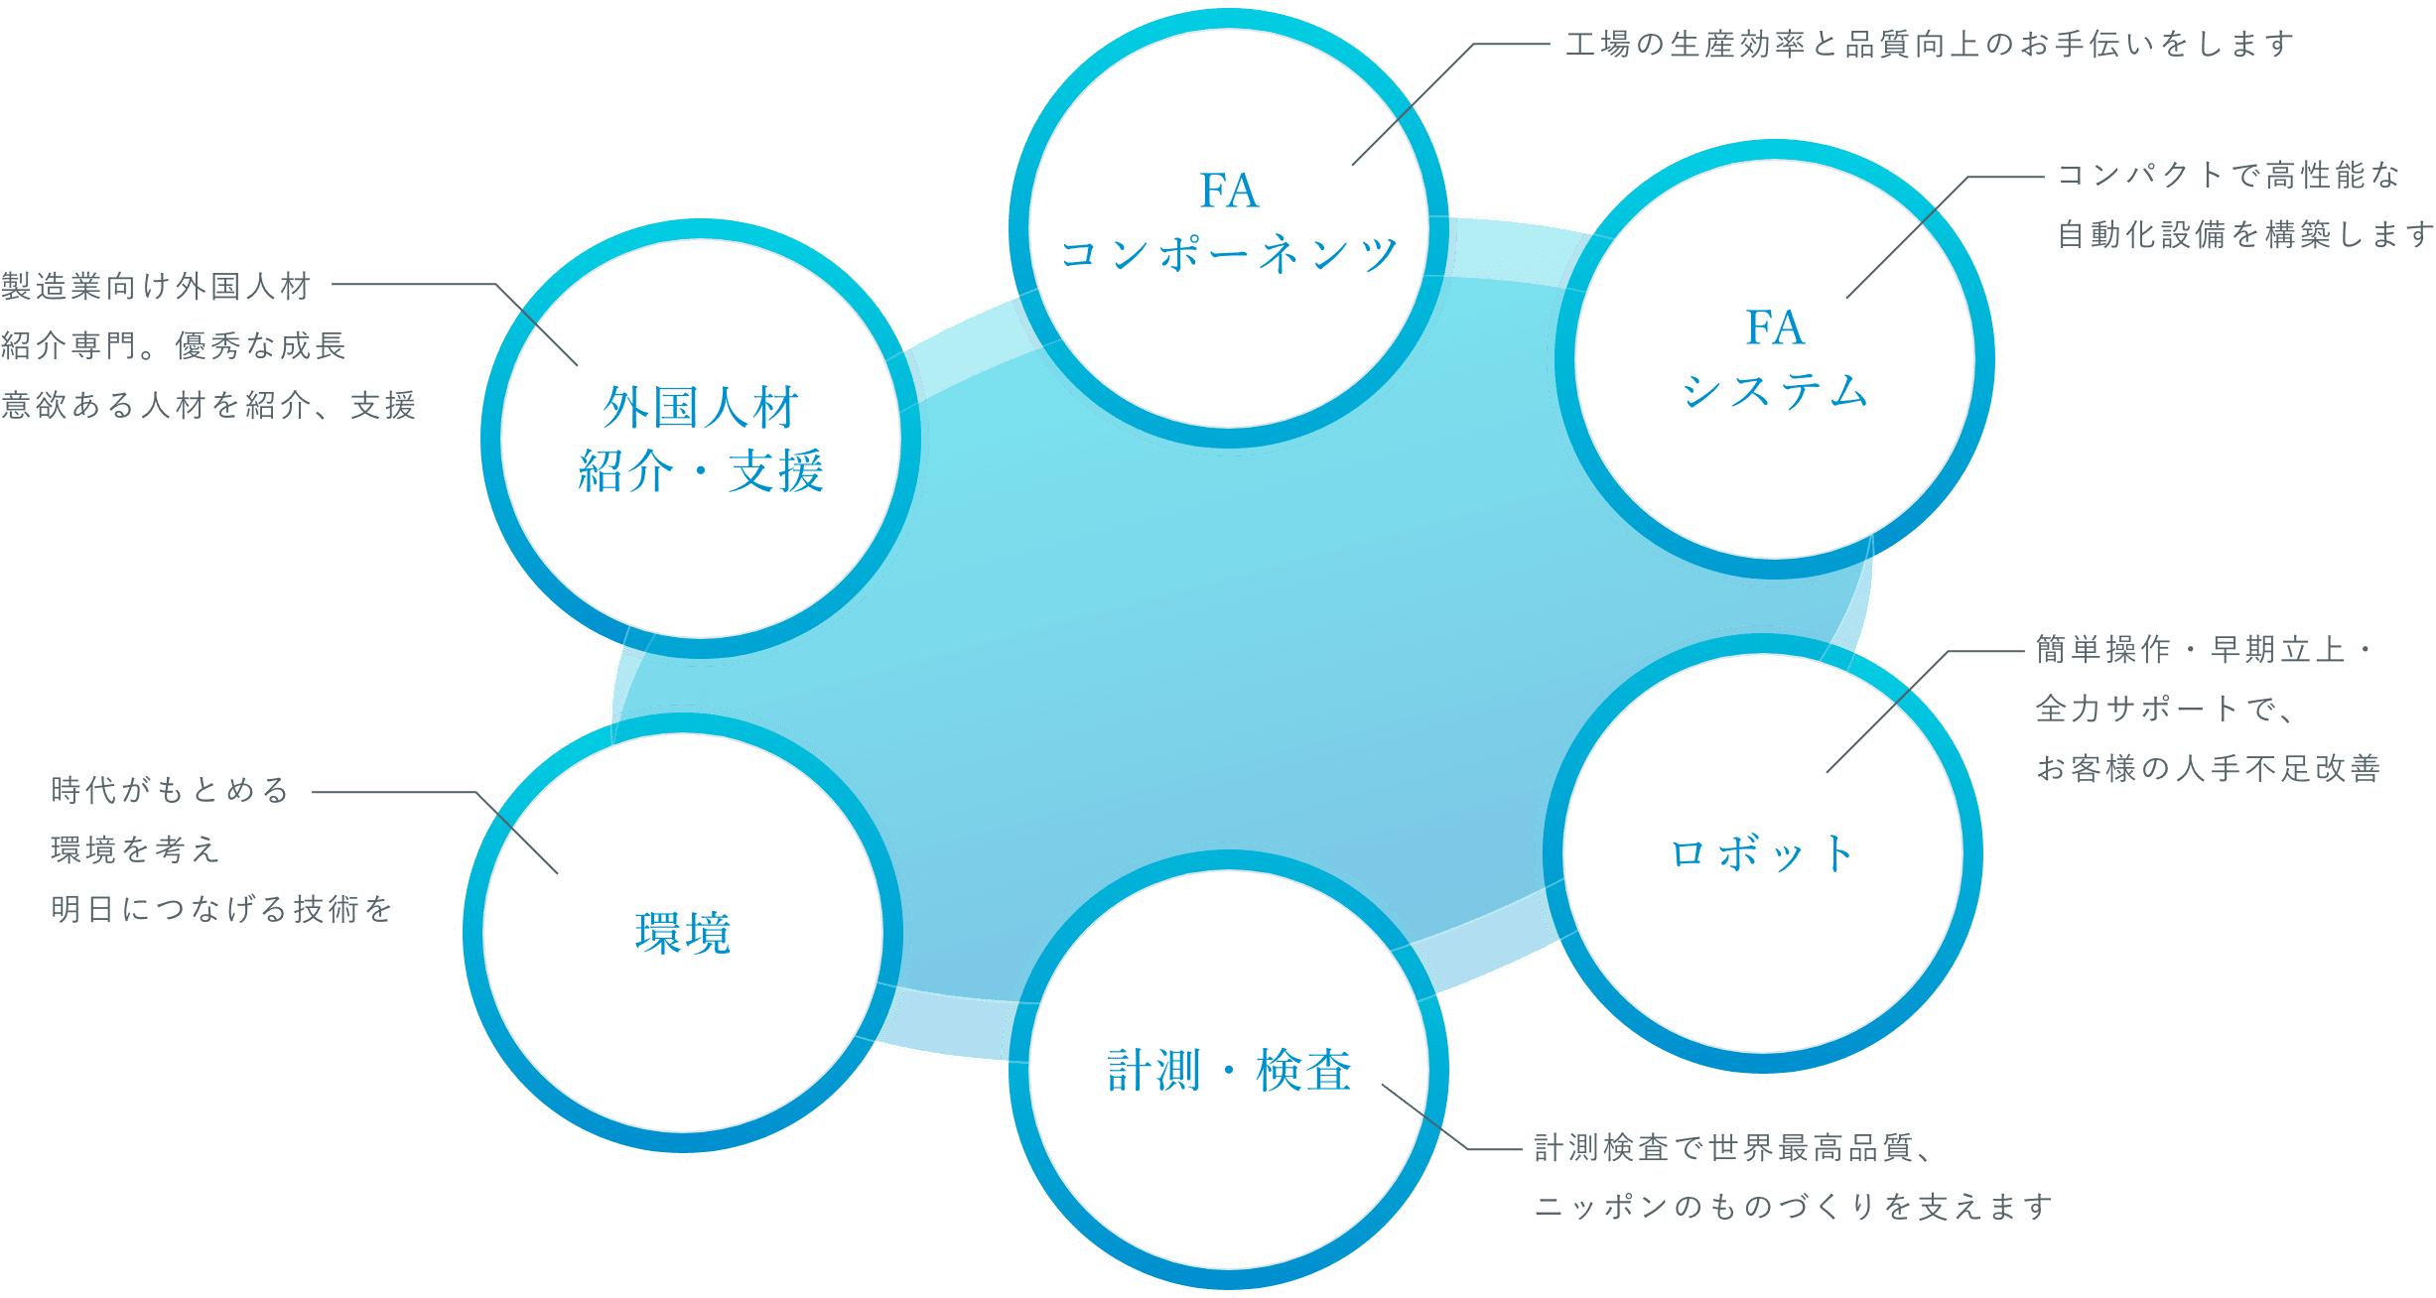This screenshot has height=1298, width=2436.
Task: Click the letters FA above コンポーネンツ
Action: click(x=1229, y=191)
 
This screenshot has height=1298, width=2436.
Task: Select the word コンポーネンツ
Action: click(x=1229, y=254)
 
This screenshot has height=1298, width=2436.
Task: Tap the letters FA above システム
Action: click(x=1774, y=327)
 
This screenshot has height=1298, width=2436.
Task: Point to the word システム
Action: click(x=1775, y=391)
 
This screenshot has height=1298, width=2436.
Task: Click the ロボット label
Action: click(x=1763, y=854)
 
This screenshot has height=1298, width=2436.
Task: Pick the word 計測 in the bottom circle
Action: click(x=1154, y=1071)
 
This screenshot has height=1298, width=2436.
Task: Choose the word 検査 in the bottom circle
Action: click(x=1303, y=1071)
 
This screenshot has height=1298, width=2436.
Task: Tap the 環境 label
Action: click(x=683, y=934)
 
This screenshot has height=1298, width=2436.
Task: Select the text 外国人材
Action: click(x=701, y=408)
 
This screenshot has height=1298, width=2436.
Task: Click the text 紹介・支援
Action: click(x=701, y=470)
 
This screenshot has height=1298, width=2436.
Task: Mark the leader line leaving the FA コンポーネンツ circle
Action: click(x=1410, y=109)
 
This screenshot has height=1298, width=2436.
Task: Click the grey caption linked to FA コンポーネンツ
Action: click(x=1926, y=45)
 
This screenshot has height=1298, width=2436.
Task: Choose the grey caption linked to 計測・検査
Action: click(x=1787, y=1178)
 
